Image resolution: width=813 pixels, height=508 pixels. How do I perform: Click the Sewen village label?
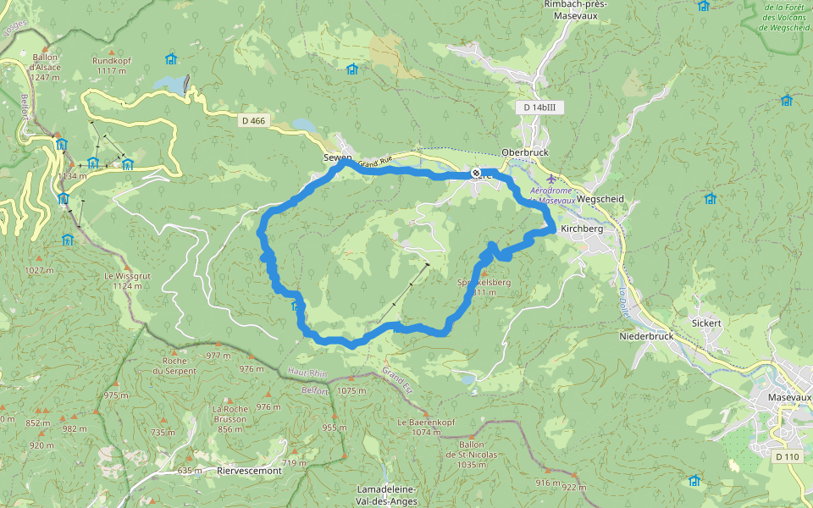[x=336, y=158]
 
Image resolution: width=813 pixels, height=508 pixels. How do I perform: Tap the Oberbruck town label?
[x=525, y=152]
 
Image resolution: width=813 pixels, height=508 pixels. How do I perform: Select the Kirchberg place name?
[x=581, y=229]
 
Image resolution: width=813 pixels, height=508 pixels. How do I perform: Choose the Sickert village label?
[x=706, y=323]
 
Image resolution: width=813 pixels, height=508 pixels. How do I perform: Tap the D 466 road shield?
[x=253, y=121]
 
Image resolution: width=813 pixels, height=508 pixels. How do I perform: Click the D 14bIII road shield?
[x=539, y=108]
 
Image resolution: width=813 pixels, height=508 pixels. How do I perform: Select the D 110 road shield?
[x=787, y=457]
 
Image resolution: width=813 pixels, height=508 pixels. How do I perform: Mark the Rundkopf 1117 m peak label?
[x=111, y=65]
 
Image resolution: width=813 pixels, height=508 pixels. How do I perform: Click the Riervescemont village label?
[x=249, y=470]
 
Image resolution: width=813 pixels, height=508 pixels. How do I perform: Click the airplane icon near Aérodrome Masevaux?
[x=552, y=179]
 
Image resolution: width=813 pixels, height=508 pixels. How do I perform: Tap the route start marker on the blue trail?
[x=476, y=174]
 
